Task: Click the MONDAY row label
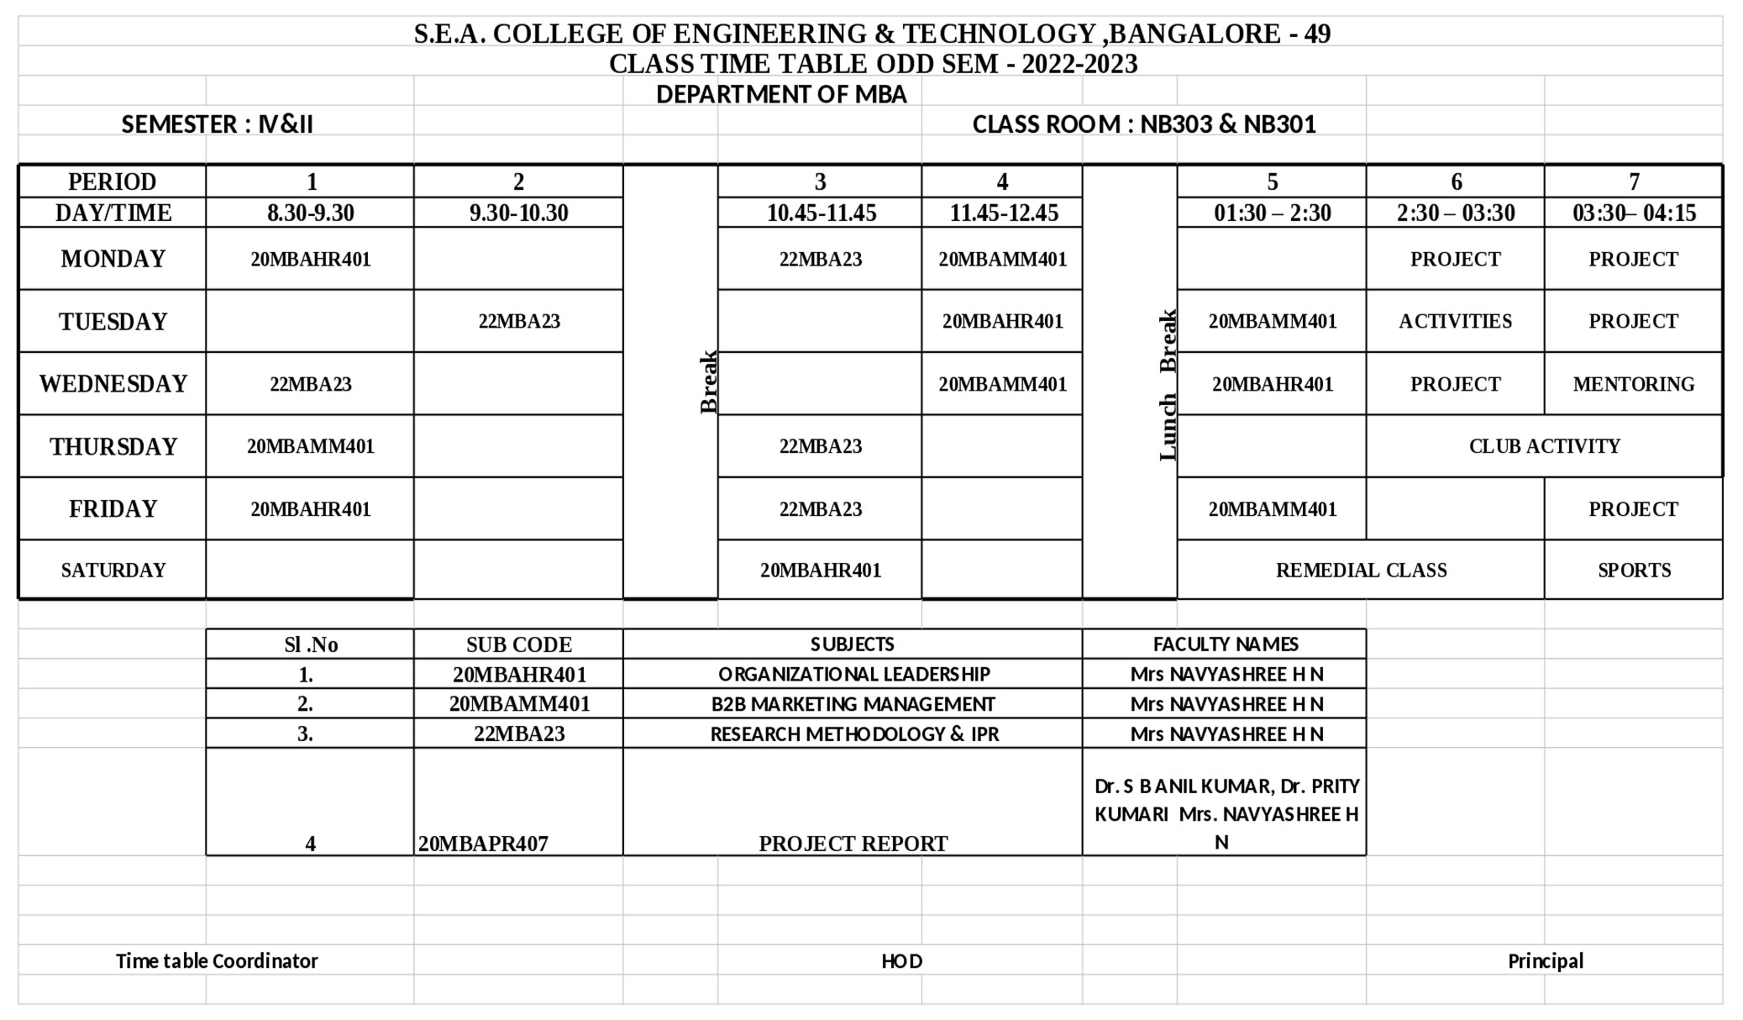[113, 259]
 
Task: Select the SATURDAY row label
[113, 570]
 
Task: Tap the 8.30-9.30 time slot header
[311, 213]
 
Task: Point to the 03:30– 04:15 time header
[1634, 213]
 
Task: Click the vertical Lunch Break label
[1168, 385]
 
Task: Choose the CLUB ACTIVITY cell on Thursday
[1544, 446]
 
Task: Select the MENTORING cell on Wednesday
[1633, 384]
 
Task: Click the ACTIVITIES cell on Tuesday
[1455, 321]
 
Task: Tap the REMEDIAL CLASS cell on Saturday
[1361, 570]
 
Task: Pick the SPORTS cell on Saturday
[1634, 570]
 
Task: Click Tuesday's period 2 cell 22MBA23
[519, 321]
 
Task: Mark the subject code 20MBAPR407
[483, 844]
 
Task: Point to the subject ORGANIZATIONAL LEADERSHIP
[853, 674]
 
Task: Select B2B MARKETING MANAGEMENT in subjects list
[853, 704]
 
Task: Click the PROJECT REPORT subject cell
[853, 844]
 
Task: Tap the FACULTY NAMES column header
[1225, 644]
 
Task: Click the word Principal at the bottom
[1545, 961]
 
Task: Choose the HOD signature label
[901, 961]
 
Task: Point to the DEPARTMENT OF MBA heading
[781, 94]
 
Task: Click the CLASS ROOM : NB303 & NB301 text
[1143, 124]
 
